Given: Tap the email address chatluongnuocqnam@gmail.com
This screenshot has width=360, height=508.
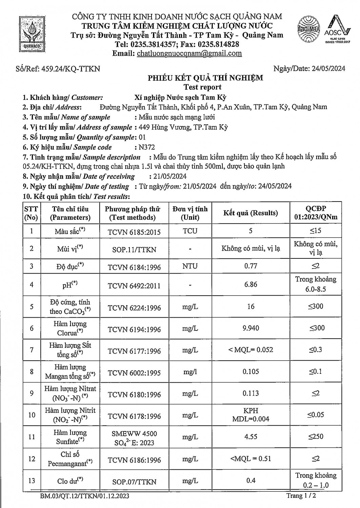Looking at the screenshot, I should (x=189, y=53).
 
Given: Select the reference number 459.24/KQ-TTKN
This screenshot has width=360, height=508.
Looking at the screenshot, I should (x=71, y=69).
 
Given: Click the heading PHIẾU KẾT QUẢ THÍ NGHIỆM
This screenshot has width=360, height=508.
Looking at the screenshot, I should (x=205, y=78).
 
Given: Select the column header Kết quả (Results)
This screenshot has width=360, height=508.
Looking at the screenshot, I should (x=251, y=213).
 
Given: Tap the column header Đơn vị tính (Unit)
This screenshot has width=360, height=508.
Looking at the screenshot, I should (x=190, y=213).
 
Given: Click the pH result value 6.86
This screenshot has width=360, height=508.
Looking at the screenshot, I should (x=251, y=284).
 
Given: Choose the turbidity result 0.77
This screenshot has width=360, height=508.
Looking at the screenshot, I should (x=251, y=266).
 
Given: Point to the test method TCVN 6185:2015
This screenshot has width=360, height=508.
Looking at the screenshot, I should (x=134, y=232).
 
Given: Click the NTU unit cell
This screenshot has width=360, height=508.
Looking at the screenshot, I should (x=190, y=266).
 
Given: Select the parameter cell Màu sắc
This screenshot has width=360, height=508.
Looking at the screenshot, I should (x=70, y=232).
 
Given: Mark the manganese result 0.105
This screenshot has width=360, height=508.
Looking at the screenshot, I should (x=251, y=372).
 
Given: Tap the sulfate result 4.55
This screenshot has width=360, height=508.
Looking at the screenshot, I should (x=251, y=437).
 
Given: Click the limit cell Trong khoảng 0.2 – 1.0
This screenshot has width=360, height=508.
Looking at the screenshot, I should (x=316, y=480).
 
